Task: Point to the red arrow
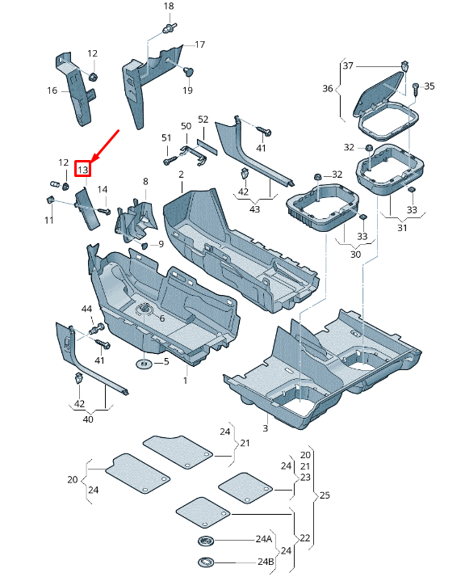click(106, 145)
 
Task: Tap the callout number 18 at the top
click(169, 6)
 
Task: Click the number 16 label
click(52, 91)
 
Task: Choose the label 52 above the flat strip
click(203, 120)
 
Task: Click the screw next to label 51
click(169, 161)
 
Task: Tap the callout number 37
click(348, 65)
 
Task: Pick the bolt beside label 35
click(416, 86)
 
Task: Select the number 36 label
click(328, 89)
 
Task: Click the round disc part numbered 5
click(143, 364)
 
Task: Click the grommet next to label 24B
click(207, 562)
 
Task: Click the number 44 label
click(87, 310)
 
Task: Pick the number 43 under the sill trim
click(255, 210)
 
